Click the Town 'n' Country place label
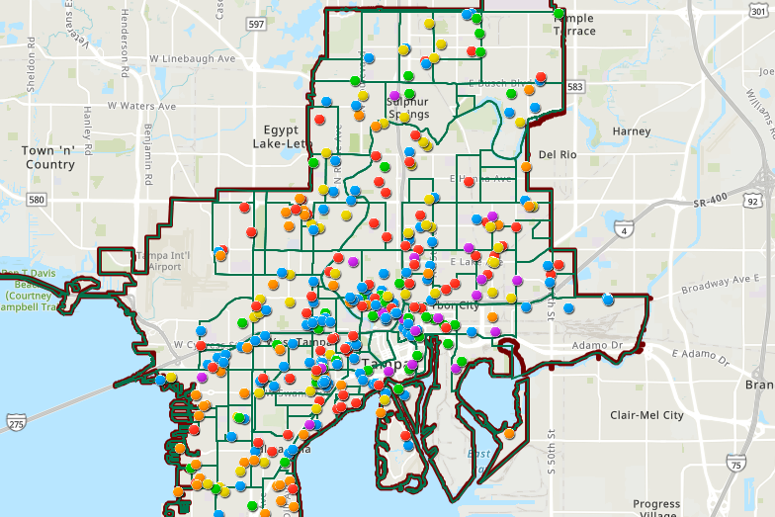click(49, 157)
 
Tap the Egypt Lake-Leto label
click(288, 136)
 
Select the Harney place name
click(632, 130)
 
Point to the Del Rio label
click(558, 154)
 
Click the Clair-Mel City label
click(646, 415)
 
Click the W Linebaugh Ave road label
click(193, 59)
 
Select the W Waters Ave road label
click(141, 106)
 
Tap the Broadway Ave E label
click(718, 284)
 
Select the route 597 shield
click(256, 24)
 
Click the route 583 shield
click(575, 88)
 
